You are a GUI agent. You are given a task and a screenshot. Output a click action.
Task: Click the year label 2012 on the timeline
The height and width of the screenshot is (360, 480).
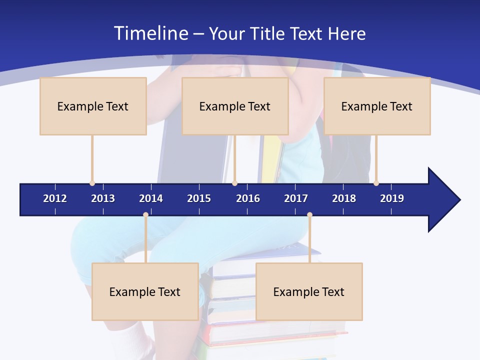(55, 198)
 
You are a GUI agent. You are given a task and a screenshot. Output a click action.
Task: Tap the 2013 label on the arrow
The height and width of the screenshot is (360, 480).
(103, 198)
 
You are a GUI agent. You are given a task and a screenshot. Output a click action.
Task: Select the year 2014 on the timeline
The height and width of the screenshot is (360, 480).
(151, 198)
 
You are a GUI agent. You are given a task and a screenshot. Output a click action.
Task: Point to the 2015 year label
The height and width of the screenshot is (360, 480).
(199, 198)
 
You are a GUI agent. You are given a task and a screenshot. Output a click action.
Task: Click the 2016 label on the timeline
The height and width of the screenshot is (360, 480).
(248, 198)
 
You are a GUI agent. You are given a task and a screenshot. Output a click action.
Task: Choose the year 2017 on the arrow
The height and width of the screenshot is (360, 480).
(296, 198)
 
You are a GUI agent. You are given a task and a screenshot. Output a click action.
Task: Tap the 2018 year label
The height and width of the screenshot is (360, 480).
(344, 198)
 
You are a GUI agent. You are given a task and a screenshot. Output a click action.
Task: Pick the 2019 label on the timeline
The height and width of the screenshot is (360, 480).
(392, 198)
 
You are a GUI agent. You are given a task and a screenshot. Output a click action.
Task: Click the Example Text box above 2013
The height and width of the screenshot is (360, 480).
(93, 106)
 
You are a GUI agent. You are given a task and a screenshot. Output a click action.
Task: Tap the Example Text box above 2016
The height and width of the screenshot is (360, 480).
(235, 106)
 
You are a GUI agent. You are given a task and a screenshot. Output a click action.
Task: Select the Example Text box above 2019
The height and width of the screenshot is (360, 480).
(377, 106)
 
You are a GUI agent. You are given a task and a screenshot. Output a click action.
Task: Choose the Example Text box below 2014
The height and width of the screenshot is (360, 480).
(145, 291)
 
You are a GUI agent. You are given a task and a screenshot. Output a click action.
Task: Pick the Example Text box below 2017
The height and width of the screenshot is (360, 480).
(309, 291)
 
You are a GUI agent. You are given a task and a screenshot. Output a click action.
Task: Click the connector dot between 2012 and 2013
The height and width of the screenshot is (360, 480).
(92, 183)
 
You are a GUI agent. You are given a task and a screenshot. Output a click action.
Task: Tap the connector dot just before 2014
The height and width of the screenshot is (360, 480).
(145, 215)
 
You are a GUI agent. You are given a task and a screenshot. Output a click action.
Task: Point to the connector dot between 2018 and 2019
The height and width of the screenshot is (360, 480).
(376, 183)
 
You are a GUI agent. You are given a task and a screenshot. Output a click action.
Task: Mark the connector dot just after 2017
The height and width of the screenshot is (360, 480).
(309, 215)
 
